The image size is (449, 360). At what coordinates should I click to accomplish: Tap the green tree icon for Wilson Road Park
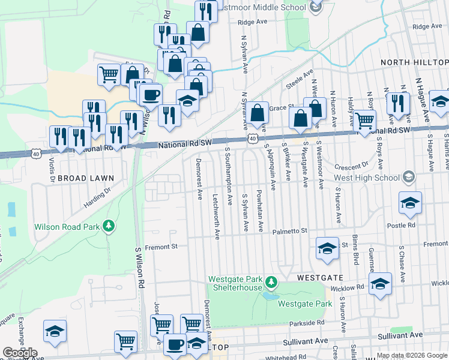pos(109,226)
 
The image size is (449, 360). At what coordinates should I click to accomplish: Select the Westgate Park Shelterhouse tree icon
pos(271,281)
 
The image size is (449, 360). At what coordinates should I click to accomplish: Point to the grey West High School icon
pos(409,176)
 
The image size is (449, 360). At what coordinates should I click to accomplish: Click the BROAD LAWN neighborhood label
pos(87,178)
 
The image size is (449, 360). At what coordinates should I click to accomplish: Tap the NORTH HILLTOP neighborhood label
pos(414,62)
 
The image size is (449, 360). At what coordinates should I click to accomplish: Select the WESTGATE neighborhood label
pos(321,278)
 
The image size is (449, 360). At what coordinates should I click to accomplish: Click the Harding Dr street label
pos(97,197)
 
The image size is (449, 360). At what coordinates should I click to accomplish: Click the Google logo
pos(20,353)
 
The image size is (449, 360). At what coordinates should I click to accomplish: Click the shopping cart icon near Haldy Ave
pos(365,121)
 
